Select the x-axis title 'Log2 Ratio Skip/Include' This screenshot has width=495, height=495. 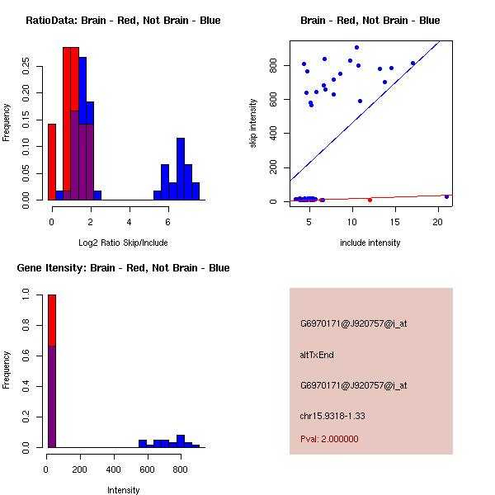click(123, 243)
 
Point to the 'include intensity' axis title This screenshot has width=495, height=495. click(370, 243)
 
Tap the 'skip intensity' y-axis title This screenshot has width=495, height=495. click(253, 123)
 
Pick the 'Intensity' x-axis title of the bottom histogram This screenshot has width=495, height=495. click(123, 490)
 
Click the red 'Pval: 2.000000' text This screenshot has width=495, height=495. click(329, 439)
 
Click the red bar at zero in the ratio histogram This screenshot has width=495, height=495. click(52, 162)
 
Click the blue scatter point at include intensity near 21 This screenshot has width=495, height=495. click(446, 196)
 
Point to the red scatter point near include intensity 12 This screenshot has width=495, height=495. click(370, 200)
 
